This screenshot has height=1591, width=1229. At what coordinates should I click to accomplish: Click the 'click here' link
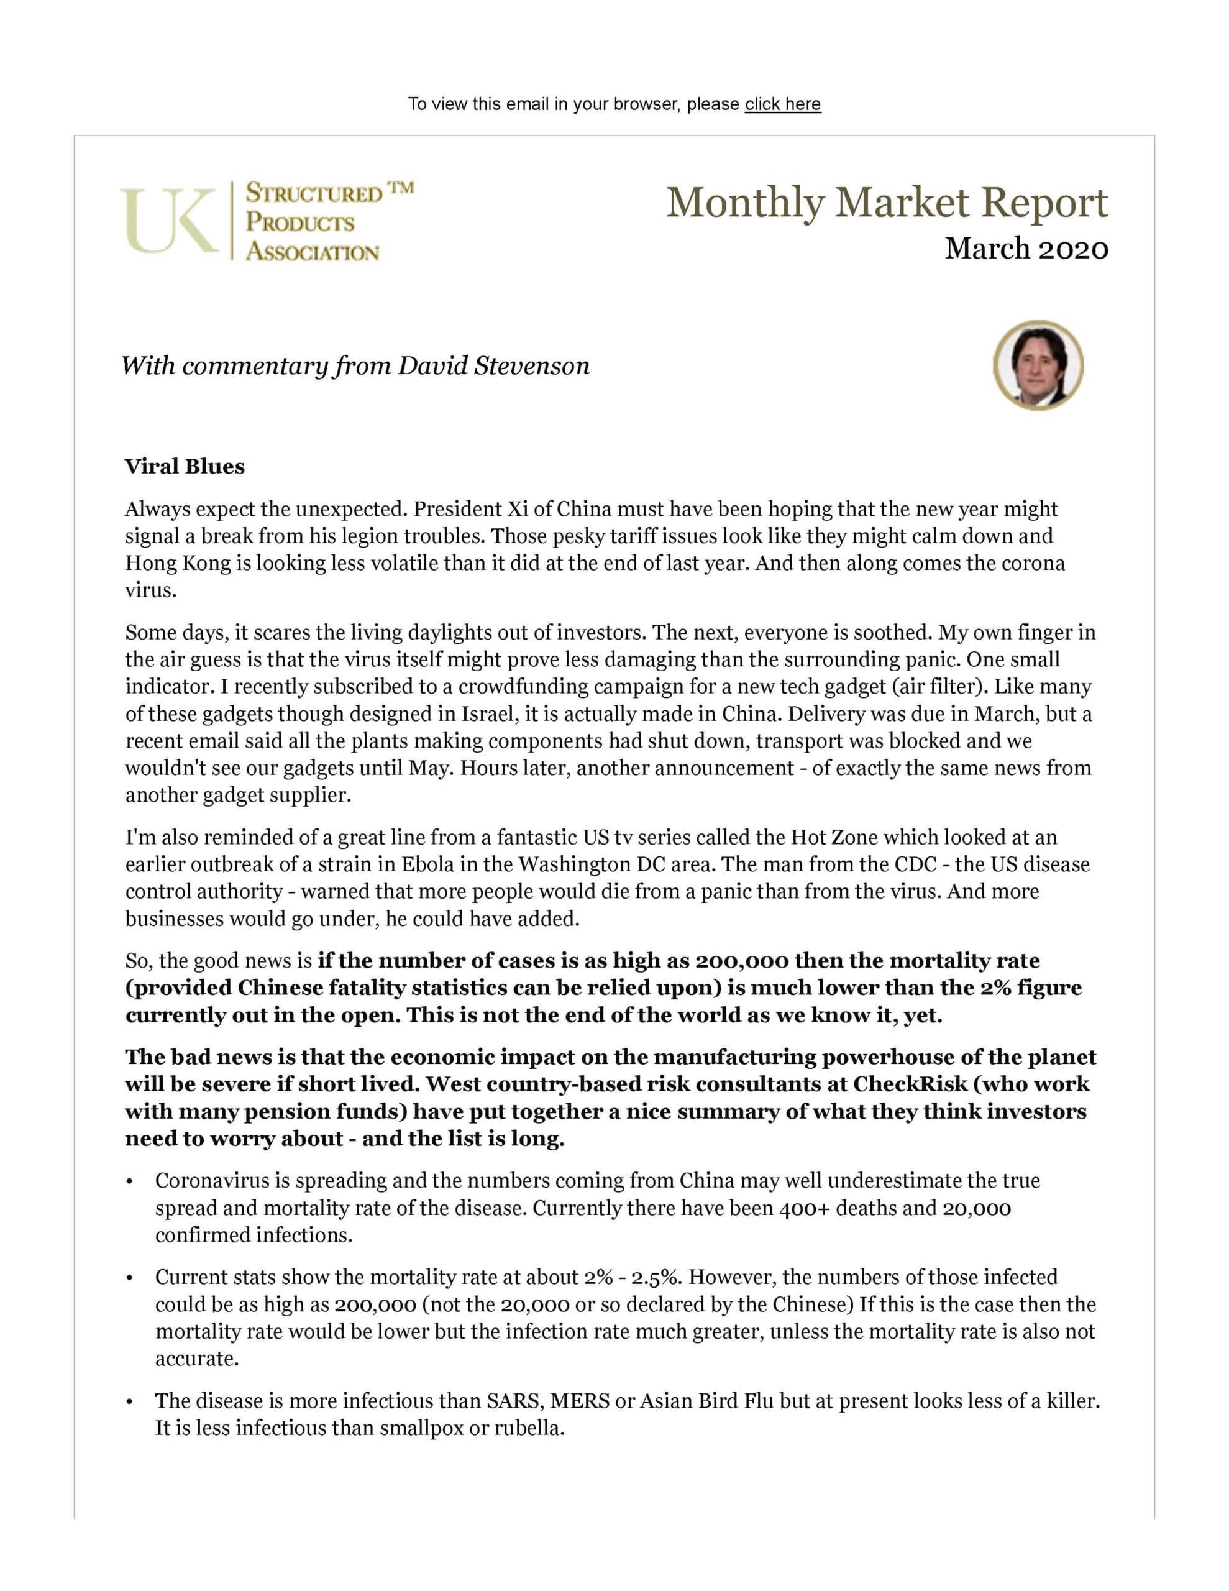pyautogui.click(x=782, y=104)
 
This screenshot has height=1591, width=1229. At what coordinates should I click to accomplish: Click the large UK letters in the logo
pyautogui.click(x=169, y=221)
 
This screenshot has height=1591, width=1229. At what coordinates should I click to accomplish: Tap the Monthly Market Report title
pyautogui.click(x=887, y=203)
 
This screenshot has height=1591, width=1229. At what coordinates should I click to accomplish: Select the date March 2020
pyautogui.click(x=1026, y=249)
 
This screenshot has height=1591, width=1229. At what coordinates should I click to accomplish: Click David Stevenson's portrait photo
pyautogui.click(x=1038, y=365)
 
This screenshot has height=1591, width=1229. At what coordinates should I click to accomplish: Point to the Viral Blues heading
pyautogui.click(x=185, y=466)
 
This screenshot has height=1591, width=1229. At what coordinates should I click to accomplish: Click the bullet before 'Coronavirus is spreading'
pyautogui.click(x=130, y=1182)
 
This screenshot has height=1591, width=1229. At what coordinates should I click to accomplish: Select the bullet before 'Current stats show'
pyautogui.click(x=130, y=1278)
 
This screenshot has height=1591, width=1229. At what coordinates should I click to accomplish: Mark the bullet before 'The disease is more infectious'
pyautogui.click(x=130, y=1402)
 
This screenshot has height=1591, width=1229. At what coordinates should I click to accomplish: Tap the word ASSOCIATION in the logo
pyautogui.click(x=313, y=252)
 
